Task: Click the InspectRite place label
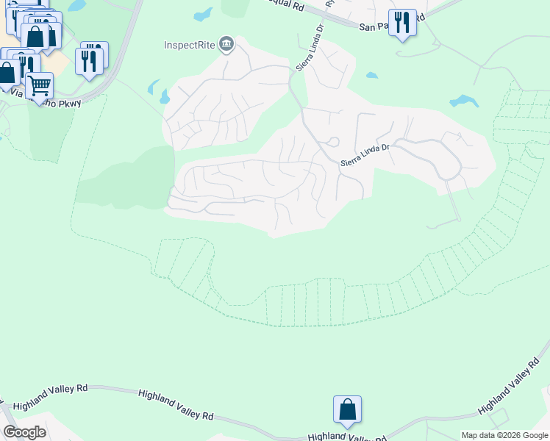(x=189, y=45)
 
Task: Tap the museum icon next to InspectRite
(x=226, y=45)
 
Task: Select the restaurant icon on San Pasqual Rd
(x=401, y=23)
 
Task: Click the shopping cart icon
(x=40, y=85)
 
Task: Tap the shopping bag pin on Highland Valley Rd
(x=347, y=409)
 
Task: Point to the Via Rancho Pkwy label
(x=46, y=98)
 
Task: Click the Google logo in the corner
(x=24, y=432)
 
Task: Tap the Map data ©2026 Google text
(x=504, y=435)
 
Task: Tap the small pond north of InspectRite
(x=203, y=15)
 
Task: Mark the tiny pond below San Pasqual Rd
(x=372, y=75)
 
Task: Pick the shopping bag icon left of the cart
(x=7, y=72)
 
